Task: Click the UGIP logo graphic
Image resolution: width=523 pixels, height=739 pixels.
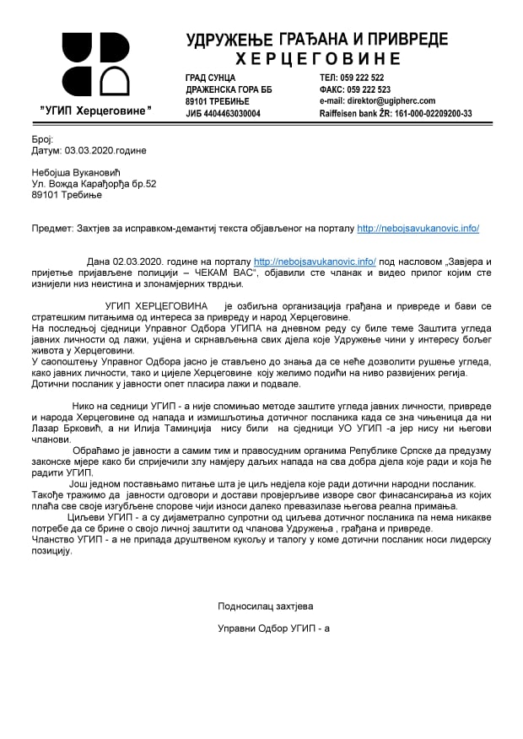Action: [x=96, y=65]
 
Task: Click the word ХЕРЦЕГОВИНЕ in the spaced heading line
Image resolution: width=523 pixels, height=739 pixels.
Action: [x=318, y=58]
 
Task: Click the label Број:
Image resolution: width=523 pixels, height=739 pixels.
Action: [x=42, y=138]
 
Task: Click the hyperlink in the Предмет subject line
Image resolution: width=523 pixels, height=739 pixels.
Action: [x=418, y=228]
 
